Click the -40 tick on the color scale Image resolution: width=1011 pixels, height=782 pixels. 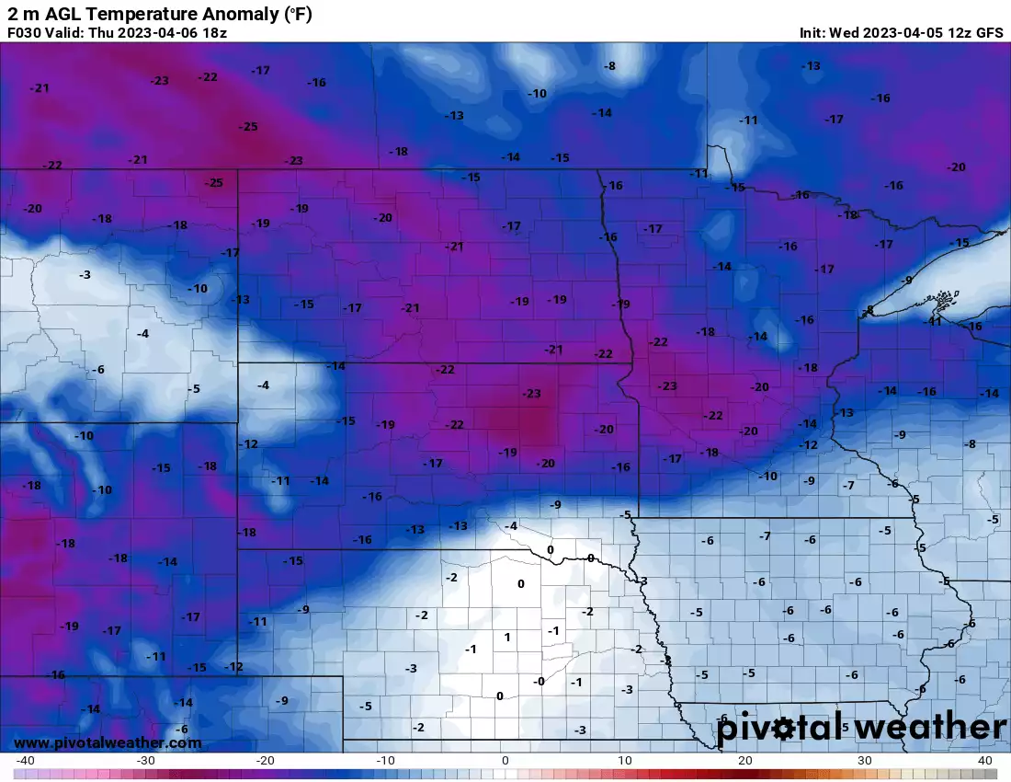click(26, 760)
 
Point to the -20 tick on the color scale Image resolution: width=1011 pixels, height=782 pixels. click(266, 760)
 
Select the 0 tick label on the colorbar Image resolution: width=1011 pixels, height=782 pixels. click(505, 760)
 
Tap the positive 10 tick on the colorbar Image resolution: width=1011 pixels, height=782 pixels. click(625, 760)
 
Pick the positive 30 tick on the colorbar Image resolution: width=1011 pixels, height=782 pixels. click(865, 760)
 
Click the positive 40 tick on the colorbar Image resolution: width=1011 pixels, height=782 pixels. click(984, 760)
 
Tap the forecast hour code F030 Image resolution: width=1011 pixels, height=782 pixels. click(24, 32)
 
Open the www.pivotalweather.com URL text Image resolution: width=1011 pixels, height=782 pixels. click(108, 742)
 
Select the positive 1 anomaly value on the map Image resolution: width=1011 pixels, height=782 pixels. click(506, 637)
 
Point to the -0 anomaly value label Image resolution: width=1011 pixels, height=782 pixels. click(540, 681)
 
